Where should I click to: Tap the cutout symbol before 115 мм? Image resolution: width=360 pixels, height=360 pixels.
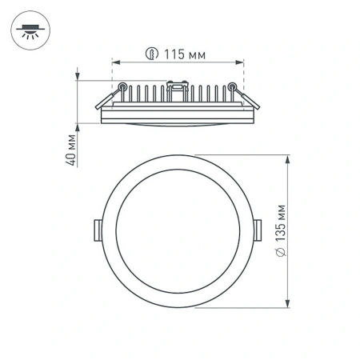(150, 54)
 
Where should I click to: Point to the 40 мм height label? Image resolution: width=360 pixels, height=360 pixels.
(71, 148)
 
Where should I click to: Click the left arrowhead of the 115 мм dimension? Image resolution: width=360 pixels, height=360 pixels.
(115, 62)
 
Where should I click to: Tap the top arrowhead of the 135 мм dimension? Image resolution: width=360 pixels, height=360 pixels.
(290, 158)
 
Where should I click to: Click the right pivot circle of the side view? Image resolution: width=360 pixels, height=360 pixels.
(232, 86)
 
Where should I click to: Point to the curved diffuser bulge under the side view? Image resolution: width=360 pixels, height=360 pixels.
(177, 127)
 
